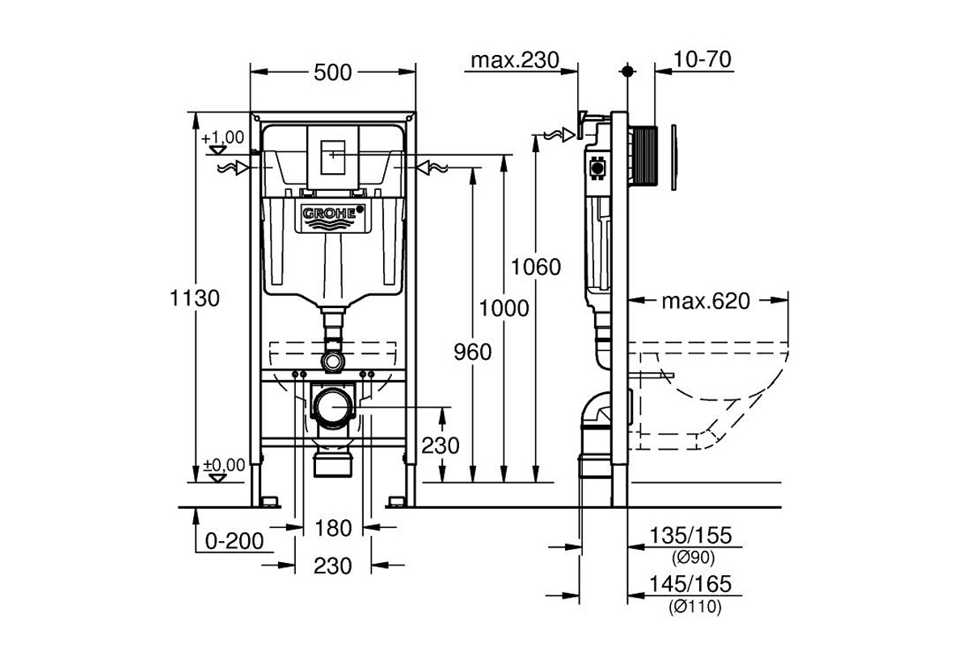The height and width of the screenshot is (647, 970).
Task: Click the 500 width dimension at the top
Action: [333, 72]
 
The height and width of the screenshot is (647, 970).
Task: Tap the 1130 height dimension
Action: [194, 298]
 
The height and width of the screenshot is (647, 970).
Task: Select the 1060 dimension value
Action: [536, 266]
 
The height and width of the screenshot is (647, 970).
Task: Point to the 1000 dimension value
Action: [504, 308]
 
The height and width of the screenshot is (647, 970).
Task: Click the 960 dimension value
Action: [471, 352]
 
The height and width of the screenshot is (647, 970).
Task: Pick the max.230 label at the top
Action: [516, 60]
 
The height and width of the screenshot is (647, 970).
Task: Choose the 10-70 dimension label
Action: [701, 60]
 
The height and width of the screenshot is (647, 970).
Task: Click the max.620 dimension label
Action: [706, 302]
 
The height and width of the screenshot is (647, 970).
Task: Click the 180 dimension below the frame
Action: [333, 528]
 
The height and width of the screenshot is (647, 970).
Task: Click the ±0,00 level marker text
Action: [223, 464]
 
